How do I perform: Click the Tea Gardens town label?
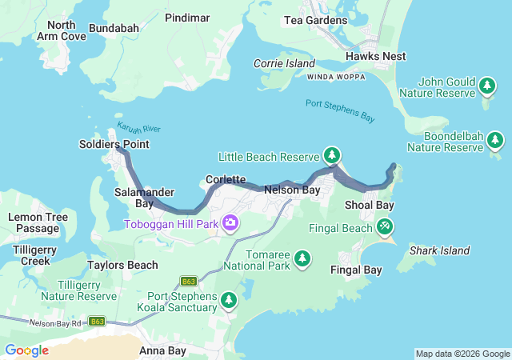pyautogui.click(x=317, y=20)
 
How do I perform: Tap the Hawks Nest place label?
pyautogui.click(x=375, y=56)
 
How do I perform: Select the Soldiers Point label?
pyautogui.click(x=114, y=144)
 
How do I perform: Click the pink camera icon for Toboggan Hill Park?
pyautogui.click(x=230, y=222)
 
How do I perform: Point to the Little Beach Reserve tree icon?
pyautogui.click(x=331, y=154)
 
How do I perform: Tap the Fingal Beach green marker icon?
pyautogui.click(x=385, y=227)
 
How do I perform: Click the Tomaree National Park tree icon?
pyautogui.click(x=302, y=258)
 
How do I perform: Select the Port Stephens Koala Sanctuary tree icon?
pyautogui.click(x=229, y=300)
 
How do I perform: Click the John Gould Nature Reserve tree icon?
pyautogui.click(x=487, y=84)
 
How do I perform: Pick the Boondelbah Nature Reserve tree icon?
pyautogui.click(x=495, y=141)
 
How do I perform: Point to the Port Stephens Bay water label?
pyautogui.click(x=340, y=110)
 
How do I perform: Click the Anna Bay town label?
pyautogui.click(x=162, y=350)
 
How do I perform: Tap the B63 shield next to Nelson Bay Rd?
pyautogui.click(x=97, y=321)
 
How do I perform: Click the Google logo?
pyautogui.click(x=26, y=350)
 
